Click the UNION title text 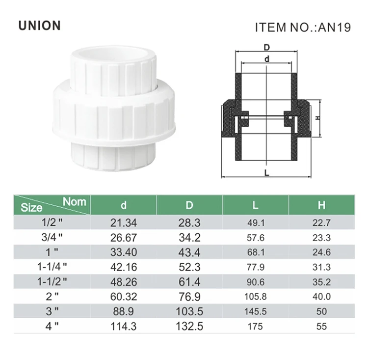tap(39, 26)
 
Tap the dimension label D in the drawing tap(267, 48)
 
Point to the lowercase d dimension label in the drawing tap(267, 59)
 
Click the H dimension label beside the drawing tap(317, 118)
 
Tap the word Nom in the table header tap(74, 201)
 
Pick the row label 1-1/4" tap(52, 267)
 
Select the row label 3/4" tap(52, 237)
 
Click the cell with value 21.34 tap(124, 222)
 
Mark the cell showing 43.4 tap(189, 252)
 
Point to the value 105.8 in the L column tap(255, 296)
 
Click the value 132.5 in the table tap(189, 326)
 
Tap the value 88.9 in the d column tap(124, 311)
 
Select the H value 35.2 tap(321, 281)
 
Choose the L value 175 tap(255, 326)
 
